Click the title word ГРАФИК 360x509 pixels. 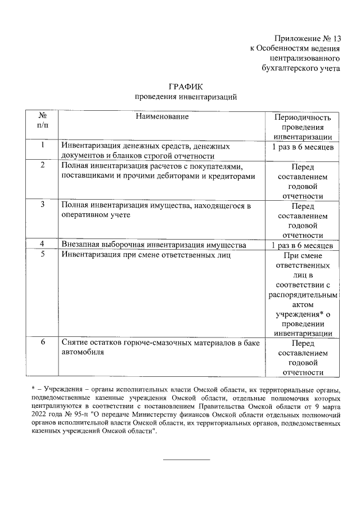(186, 87)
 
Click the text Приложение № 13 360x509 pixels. (307, 39)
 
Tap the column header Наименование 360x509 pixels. (161, 116)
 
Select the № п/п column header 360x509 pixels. (43, 121)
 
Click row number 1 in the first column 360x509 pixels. (43, 145)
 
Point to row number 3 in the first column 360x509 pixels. (43, 205)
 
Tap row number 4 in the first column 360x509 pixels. (43, 244)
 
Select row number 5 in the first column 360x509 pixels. (43, 254)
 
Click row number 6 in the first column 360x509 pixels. (43, 342)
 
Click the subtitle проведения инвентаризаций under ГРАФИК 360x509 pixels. (186, 97)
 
